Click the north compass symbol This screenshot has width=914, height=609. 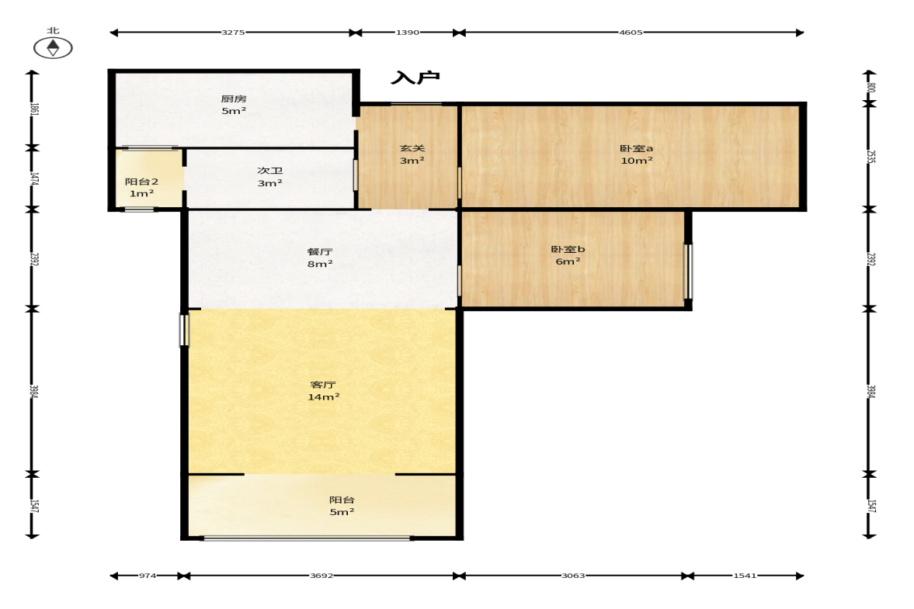[x=53, y=48]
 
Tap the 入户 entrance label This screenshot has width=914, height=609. [x=415, y=78]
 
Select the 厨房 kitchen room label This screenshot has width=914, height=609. [x=234, y=99]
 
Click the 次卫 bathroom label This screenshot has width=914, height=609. [x=270, y=171]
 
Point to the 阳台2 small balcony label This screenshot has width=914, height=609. [x=141, y=182]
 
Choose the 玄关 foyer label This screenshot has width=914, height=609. [x=412, y=148]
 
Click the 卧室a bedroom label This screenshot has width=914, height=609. [x=637, y=148]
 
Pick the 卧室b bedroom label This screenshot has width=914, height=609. [x=568, y=249]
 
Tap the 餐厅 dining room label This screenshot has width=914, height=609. [x=320, y=251]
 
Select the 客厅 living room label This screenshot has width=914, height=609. [x=324, y=385]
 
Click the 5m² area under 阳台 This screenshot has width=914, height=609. [x=342, y=512]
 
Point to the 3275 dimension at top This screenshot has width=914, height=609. [x=233, y=33]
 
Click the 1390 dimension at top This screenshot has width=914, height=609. [x=408, y=33]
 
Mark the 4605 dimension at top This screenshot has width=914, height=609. [x=631, y=33]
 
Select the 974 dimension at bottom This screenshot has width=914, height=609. [x=148, y=576]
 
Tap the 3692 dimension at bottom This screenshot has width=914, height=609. [x=321, y=576]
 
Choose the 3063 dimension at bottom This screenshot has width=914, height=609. [x=573, y=576]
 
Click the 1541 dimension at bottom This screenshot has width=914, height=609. [x=745, y=576]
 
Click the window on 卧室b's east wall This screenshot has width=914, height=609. [x=688, y=272]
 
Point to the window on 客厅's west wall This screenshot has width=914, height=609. [x=184, y=330]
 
